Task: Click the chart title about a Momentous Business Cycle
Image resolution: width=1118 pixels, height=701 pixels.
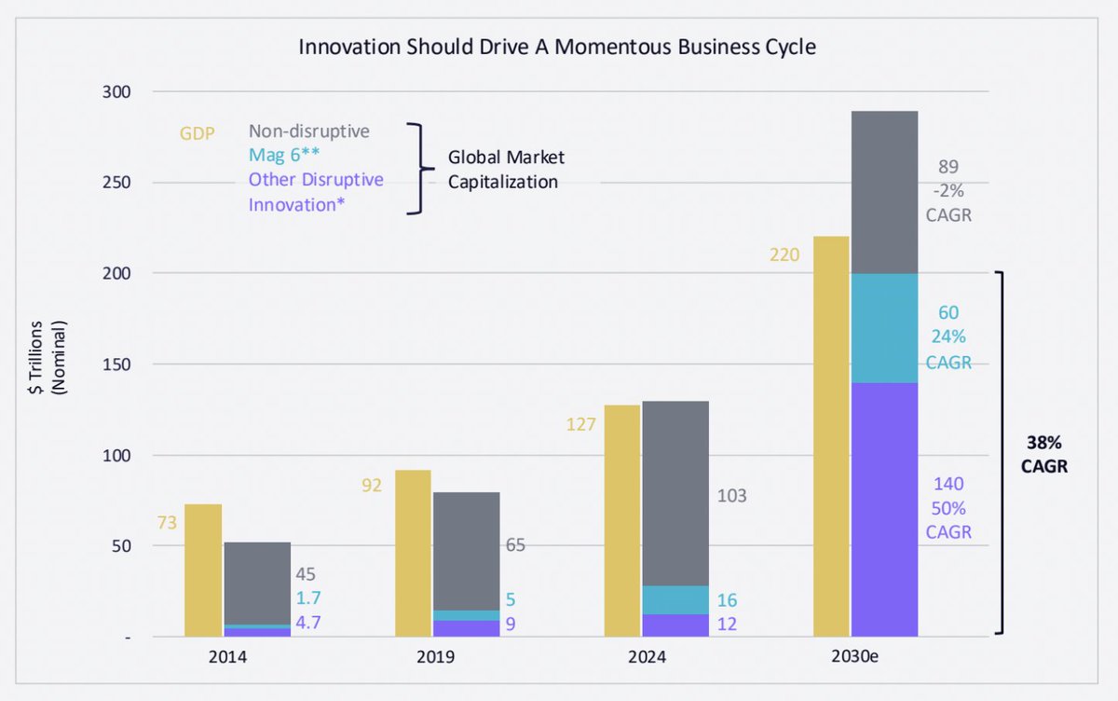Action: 557,47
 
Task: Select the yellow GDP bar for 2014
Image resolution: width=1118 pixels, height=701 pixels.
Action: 203,570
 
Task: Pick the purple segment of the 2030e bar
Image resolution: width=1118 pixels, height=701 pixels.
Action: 884,509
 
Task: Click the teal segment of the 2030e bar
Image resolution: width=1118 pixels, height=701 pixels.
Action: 884,328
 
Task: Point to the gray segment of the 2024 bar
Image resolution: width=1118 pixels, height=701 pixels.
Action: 675,493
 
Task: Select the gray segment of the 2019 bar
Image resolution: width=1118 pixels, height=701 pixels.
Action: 466,551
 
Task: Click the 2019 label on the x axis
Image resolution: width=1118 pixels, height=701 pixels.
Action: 436,657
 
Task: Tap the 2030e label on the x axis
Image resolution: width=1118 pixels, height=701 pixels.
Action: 856,657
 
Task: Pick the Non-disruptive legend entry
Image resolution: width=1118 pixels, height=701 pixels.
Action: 308,131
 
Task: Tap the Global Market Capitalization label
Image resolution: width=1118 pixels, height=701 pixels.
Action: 506,169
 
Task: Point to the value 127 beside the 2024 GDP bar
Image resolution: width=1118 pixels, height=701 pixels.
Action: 581,425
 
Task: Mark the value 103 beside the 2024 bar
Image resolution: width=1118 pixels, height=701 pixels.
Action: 731,496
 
